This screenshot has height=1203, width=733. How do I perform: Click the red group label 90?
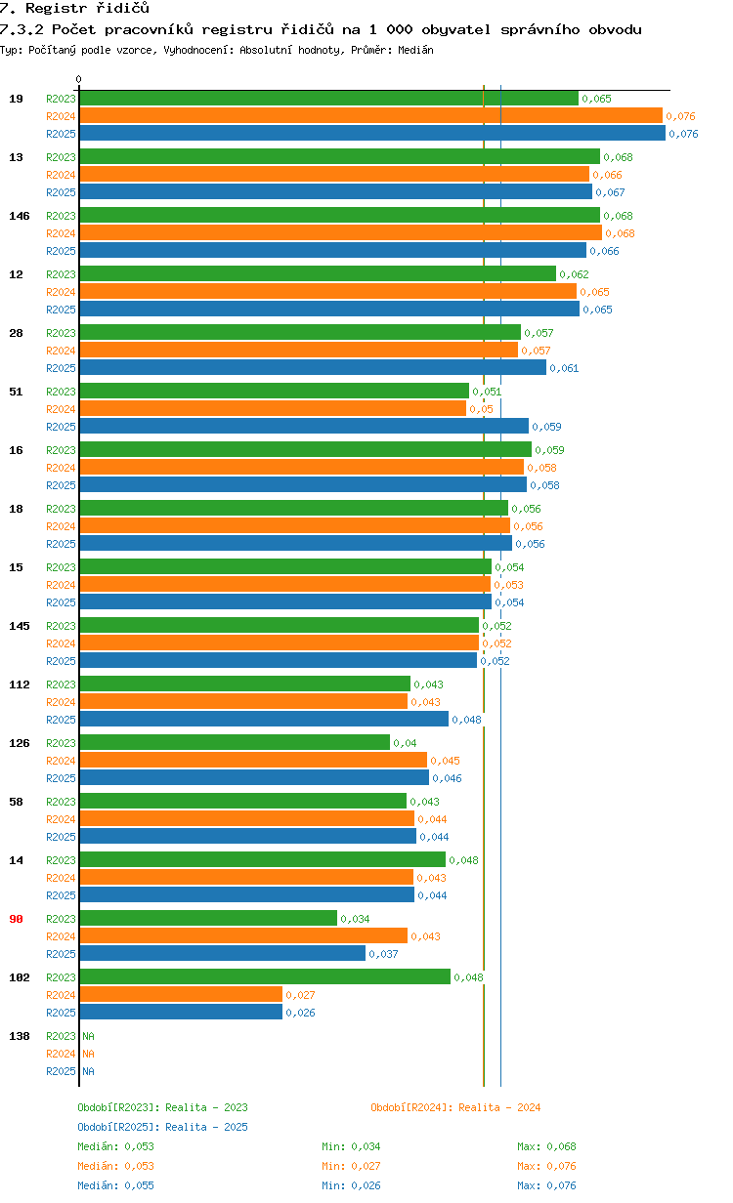click(16, 919)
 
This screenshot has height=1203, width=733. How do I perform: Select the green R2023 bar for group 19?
click(328, 99)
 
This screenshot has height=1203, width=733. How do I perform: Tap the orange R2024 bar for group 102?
click(181, 995)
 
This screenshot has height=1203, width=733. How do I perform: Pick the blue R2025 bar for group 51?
click(304, 427)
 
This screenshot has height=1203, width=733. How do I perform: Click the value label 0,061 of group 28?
click(564, 368)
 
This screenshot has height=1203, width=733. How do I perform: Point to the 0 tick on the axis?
click(79, 80)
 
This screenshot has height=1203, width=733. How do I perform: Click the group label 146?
click(19, 216)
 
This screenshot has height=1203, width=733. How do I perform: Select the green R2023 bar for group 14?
click(262, 860)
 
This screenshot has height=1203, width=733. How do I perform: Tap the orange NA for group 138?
click(88, 1054)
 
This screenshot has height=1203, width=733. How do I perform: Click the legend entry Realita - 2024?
click(455, 1107)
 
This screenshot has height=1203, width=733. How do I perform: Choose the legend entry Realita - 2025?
click(162, 1127)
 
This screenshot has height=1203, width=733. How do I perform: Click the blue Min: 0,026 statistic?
click(351, 1185)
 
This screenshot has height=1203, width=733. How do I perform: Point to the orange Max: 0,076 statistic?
click(546, 1166)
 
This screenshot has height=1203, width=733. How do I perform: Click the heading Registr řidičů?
click(74, 9)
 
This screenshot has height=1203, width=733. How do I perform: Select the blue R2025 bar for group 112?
click(264, 720)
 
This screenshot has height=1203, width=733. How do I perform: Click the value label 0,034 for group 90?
click(355, 919)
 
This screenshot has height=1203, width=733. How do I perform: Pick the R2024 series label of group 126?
click(61, 761)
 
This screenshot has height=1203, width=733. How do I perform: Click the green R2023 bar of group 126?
click(235, 743)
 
